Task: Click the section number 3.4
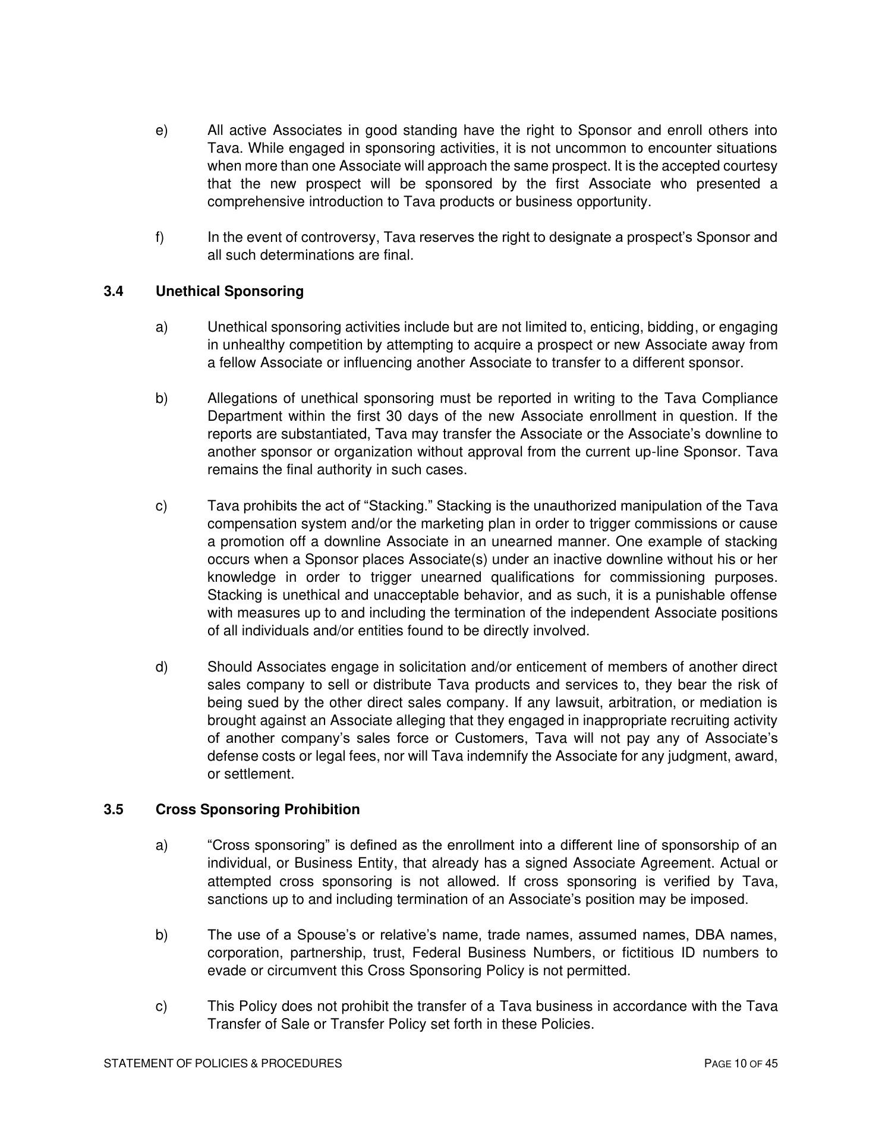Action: pos(113,291)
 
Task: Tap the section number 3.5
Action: pos(113,809)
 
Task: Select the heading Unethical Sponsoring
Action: pos(229,291)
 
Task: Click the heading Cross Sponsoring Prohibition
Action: pos(257,809)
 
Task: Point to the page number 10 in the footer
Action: pos(739,1064)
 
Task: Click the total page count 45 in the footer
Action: pos(771,1064)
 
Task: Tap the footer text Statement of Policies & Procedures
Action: pos(223,1064)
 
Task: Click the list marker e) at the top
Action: pos(161,130)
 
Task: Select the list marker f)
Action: pos(160,238)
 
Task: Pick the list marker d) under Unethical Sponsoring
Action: pos(162,667)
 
